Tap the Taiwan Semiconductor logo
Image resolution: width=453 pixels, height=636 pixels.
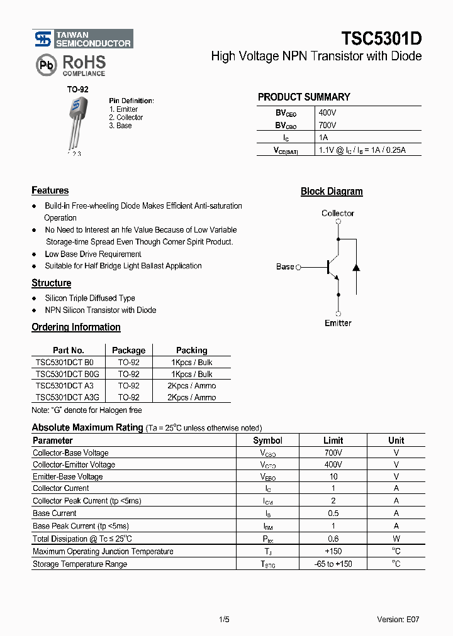(82, 39)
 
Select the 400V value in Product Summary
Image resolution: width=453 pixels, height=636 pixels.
(328, 112)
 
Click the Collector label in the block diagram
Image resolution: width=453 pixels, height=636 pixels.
(338, 214)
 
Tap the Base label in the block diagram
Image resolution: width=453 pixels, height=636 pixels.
(285, 267)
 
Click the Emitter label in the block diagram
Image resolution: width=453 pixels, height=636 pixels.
(338, 323)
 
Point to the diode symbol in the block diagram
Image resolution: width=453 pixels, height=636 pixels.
(356, 267)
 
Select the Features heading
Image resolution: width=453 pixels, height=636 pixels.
(50, 190)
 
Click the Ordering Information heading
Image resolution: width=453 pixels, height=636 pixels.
(76, 327)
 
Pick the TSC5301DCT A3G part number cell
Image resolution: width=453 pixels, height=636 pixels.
(67, 398)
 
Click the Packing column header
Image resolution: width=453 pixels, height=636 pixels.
(192, 351)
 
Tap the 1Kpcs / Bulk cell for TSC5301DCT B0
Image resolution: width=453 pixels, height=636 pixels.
(192, 363)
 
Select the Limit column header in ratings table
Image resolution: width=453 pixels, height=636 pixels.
(333, 441)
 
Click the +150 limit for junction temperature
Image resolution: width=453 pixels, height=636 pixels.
(333, 552)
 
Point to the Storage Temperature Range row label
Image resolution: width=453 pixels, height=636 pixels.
(80, 564)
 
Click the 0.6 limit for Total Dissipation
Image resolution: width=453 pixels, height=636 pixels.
(333, 539)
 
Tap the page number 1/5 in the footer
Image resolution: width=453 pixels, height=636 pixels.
(224, 620)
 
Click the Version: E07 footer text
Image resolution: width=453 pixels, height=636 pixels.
(398, 620)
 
